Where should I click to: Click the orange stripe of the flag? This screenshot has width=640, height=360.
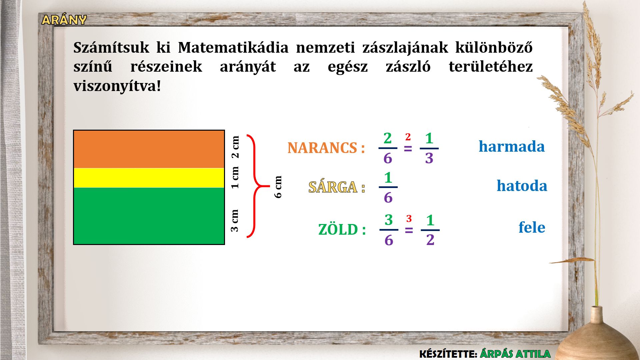[x=149, y=149]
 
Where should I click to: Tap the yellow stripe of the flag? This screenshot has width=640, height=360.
[x=149, y=178]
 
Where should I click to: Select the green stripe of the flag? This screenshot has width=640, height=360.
[x=149, y=216]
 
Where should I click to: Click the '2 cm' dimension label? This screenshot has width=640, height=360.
[x=235, y=147]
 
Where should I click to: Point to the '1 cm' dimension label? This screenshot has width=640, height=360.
[x=235, y=178]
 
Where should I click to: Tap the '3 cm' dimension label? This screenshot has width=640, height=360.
[x=235, y=220]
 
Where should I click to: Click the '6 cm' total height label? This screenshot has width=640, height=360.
[x=278, y=187]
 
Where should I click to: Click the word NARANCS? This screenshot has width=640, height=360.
[x=322, y=148]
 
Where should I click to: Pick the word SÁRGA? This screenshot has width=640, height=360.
[x=333, y=187]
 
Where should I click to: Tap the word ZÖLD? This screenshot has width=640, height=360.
[x=338, y=230]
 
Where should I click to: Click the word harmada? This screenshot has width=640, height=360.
[x=512, y=146]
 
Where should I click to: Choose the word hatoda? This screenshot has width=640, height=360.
[x=522, y=186]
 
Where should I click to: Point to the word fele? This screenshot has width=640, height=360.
[x=532, y=227]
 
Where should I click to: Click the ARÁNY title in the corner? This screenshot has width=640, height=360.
[x=64, y=20]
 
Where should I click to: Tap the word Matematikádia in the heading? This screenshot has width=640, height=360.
[x=233, y=47]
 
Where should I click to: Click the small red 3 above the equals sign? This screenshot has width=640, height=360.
[x=409, y=219]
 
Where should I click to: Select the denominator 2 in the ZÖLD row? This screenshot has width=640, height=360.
[x=430, y=240]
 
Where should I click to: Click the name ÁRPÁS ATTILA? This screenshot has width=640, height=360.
[x=515, y=354]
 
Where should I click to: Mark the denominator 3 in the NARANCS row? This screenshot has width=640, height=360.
[x=429, y=158]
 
